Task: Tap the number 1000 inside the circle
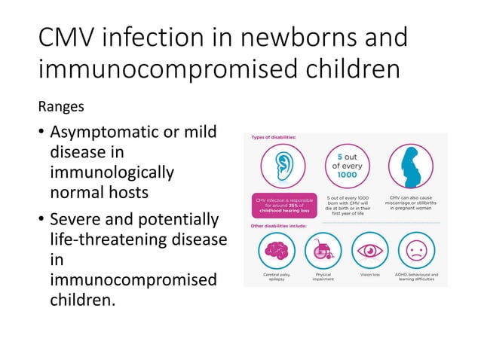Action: coord(347,175)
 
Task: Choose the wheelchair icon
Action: coord(323,251)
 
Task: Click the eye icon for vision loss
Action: coord(372,250)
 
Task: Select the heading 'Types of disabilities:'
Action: coord(274,137)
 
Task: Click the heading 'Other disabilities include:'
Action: coord(280,226)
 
